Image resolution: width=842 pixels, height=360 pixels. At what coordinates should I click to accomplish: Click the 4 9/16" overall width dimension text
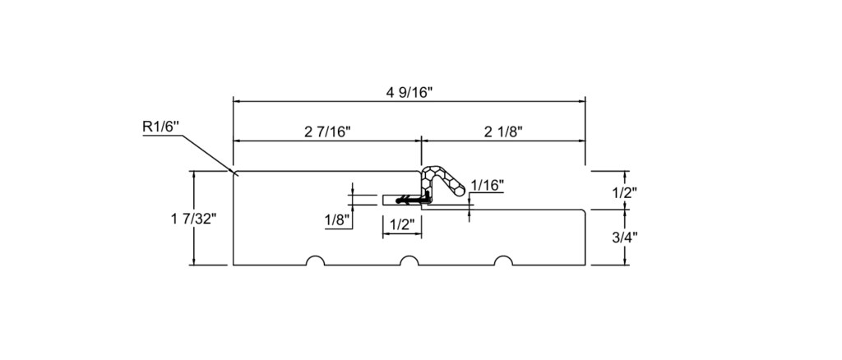pos(409,91)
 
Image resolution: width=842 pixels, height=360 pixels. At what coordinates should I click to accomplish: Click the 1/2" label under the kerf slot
pos(401,224)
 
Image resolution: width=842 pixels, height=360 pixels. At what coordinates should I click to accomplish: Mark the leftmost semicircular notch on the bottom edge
pos(315,262)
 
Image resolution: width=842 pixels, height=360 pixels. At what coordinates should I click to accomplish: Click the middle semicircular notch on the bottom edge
pos(409,262)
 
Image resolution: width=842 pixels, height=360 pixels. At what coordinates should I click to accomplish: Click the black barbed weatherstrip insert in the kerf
pos(413,199)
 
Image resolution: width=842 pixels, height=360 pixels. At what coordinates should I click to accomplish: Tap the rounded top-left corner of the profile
pos(236,173)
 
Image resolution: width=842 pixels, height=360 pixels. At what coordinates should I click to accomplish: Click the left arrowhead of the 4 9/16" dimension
pos(238,101)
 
